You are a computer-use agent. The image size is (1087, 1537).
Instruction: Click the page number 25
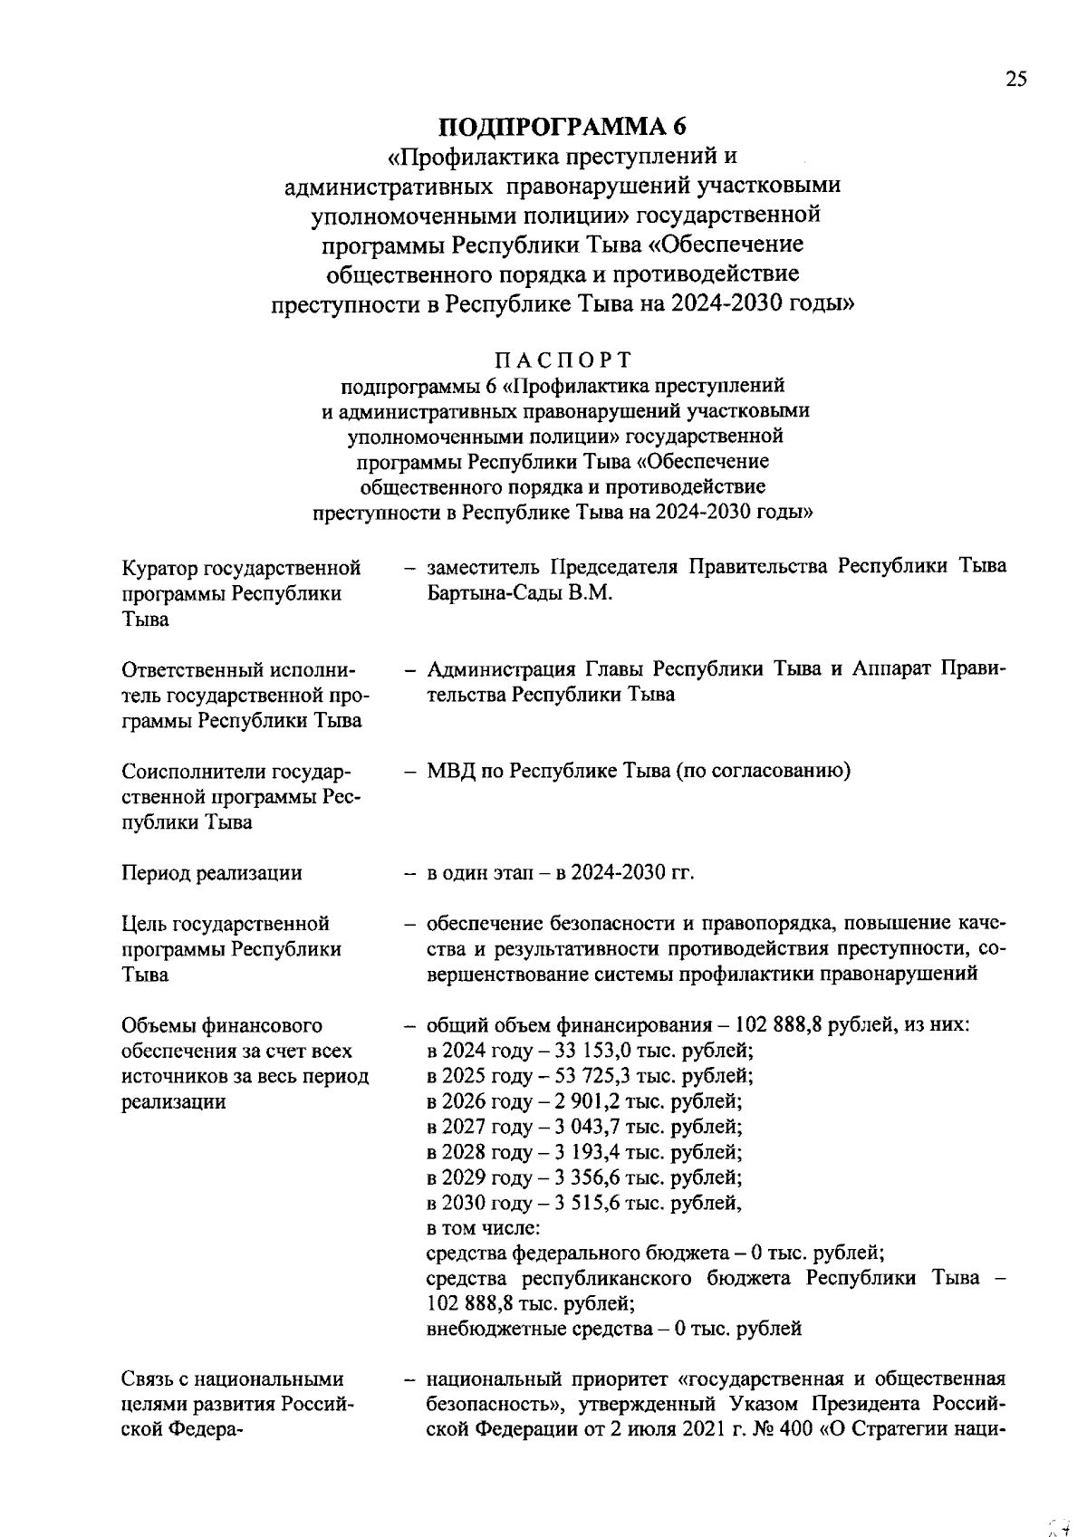[x=1016, y=80]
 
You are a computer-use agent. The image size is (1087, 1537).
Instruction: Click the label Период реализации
[x=212, y=873]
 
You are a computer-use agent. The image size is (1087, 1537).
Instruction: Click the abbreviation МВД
[x=449, y=772]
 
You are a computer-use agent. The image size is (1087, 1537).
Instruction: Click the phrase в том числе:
[x=483, y=1229]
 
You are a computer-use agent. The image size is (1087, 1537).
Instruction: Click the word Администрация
[x=501, y=669]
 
